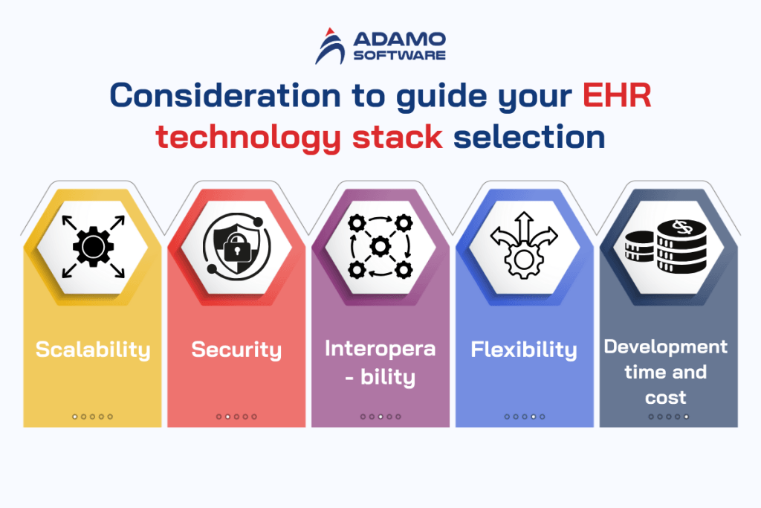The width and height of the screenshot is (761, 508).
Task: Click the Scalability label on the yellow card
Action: click(x=92, y=350)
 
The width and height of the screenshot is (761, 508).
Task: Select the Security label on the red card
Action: click(x=236, y=350)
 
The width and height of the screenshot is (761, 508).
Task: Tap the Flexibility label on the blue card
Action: click(x=524, y=350)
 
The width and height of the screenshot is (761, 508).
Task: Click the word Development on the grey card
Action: click(x=665, y=347)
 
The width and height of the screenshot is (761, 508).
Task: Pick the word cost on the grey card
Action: click(x=665, y=397)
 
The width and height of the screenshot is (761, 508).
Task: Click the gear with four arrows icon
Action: click(x=92, y=245)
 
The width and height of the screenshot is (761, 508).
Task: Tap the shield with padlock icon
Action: click(x=236, y=245)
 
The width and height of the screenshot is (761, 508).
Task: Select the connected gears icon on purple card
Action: click(x=380, y=245)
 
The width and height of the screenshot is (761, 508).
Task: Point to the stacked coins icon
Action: click(x=666, y=245)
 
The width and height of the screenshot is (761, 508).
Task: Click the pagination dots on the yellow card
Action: click(x=92, y=417)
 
